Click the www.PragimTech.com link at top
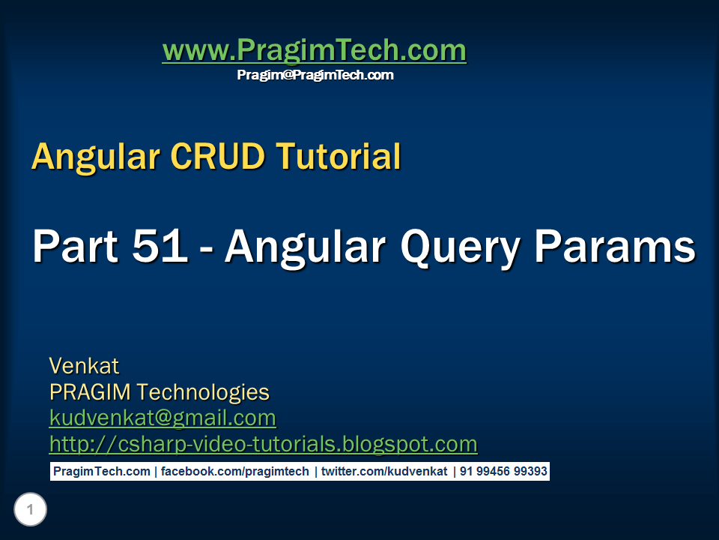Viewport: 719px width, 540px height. pos(314,51)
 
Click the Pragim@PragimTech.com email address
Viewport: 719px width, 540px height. pos(315,75)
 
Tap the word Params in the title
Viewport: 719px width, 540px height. pos(612,246)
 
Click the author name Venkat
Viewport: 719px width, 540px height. pos(84,366)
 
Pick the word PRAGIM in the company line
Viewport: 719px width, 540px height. pos(91,392)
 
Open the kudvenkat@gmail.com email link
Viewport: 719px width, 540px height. pos(163,418)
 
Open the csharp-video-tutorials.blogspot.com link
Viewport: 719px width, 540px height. pos(263,444)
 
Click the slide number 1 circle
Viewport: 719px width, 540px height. pos(30,511)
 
